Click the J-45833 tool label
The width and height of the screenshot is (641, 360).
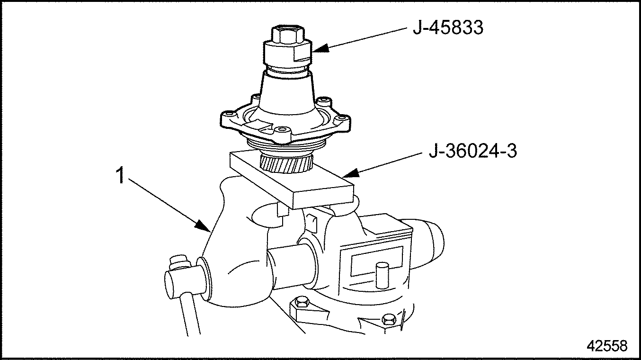(448, 28)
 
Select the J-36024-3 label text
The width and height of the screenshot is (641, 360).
(472, 151)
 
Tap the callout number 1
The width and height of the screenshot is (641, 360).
(121, 175)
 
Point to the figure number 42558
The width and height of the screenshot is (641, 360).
(606, 346)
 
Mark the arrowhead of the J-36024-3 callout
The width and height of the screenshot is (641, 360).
(349, 173)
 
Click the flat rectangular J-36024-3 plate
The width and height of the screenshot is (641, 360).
(292, 180)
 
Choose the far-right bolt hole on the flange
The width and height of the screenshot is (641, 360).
(341, 117)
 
